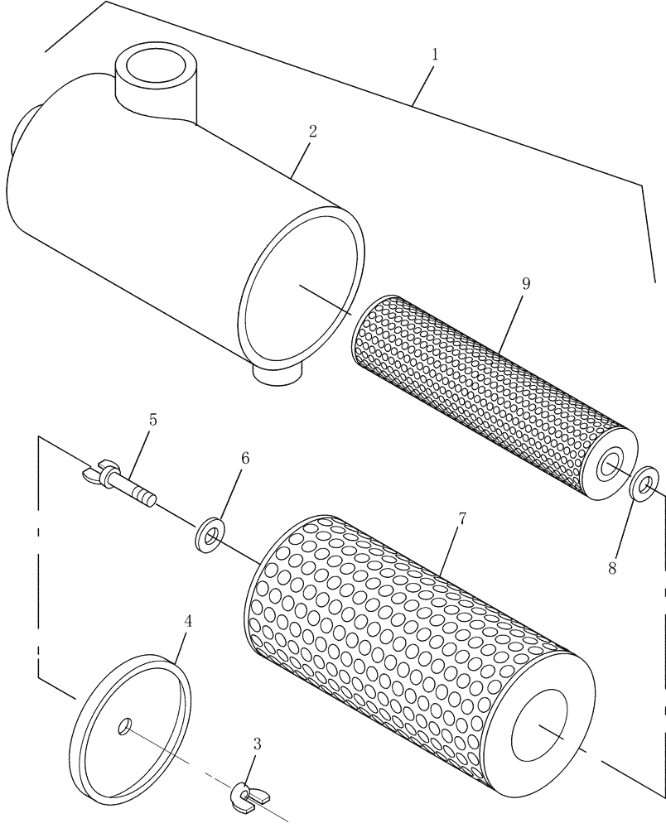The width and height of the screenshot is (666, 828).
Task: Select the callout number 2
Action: [312, 132]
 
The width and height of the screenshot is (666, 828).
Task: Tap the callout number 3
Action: [257, 744]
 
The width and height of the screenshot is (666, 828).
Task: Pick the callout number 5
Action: [152, 420]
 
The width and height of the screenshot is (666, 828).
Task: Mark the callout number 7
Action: [461, 520]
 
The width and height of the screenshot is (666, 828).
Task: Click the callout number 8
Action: [613, 568]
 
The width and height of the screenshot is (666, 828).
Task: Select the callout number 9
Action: [526, 283]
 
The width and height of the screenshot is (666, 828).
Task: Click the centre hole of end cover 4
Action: [124, 726]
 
